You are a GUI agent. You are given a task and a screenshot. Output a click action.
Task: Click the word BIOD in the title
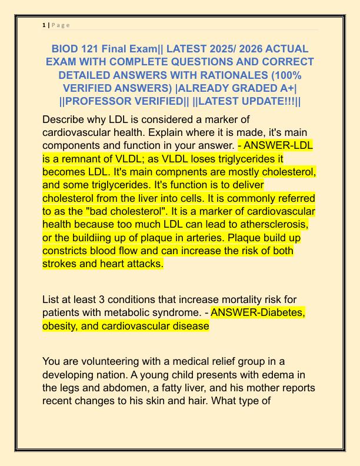click(x=66, y=49)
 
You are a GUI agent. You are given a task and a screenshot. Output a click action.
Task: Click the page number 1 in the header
click(x=44, y=25)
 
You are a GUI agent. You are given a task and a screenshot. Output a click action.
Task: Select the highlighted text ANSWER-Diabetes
click(x=258, y=313)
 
